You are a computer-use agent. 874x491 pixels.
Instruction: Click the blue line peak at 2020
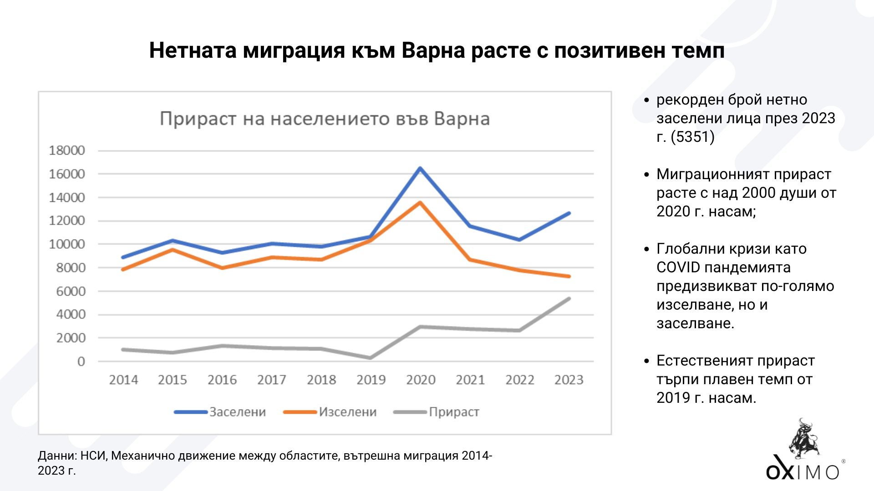[x=420, y=169]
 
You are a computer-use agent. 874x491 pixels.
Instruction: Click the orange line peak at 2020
[x=420, y=203]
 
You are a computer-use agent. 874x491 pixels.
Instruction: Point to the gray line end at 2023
[x=569, y=299]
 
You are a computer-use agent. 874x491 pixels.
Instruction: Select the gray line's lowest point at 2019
[x=371, y=358]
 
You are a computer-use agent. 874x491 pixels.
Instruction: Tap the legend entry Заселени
[x=237, y=412]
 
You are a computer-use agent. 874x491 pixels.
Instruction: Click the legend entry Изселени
[x=347, y=412]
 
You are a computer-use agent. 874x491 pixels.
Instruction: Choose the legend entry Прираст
[x=453, y=412]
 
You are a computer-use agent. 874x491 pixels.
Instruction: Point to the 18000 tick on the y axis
[x=67, y=150]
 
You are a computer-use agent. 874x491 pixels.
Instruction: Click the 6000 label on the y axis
[x=71, y=291]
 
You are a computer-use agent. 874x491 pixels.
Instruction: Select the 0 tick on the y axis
[x=81, y=361]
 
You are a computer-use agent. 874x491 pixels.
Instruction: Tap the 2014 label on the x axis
[x=123, y=380]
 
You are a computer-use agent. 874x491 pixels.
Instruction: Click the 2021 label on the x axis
[x=470, y=380]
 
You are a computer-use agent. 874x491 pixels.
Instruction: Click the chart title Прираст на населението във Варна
[x=325, y=119]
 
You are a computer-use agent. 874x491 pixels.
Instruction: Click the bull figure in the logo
[x=804, y=439]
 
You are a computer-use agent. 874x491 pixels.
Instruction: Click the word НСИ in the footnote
[x=93, y=456]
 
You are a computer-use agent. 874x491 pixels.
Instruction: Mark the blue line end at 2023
[x=569, y=213]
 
